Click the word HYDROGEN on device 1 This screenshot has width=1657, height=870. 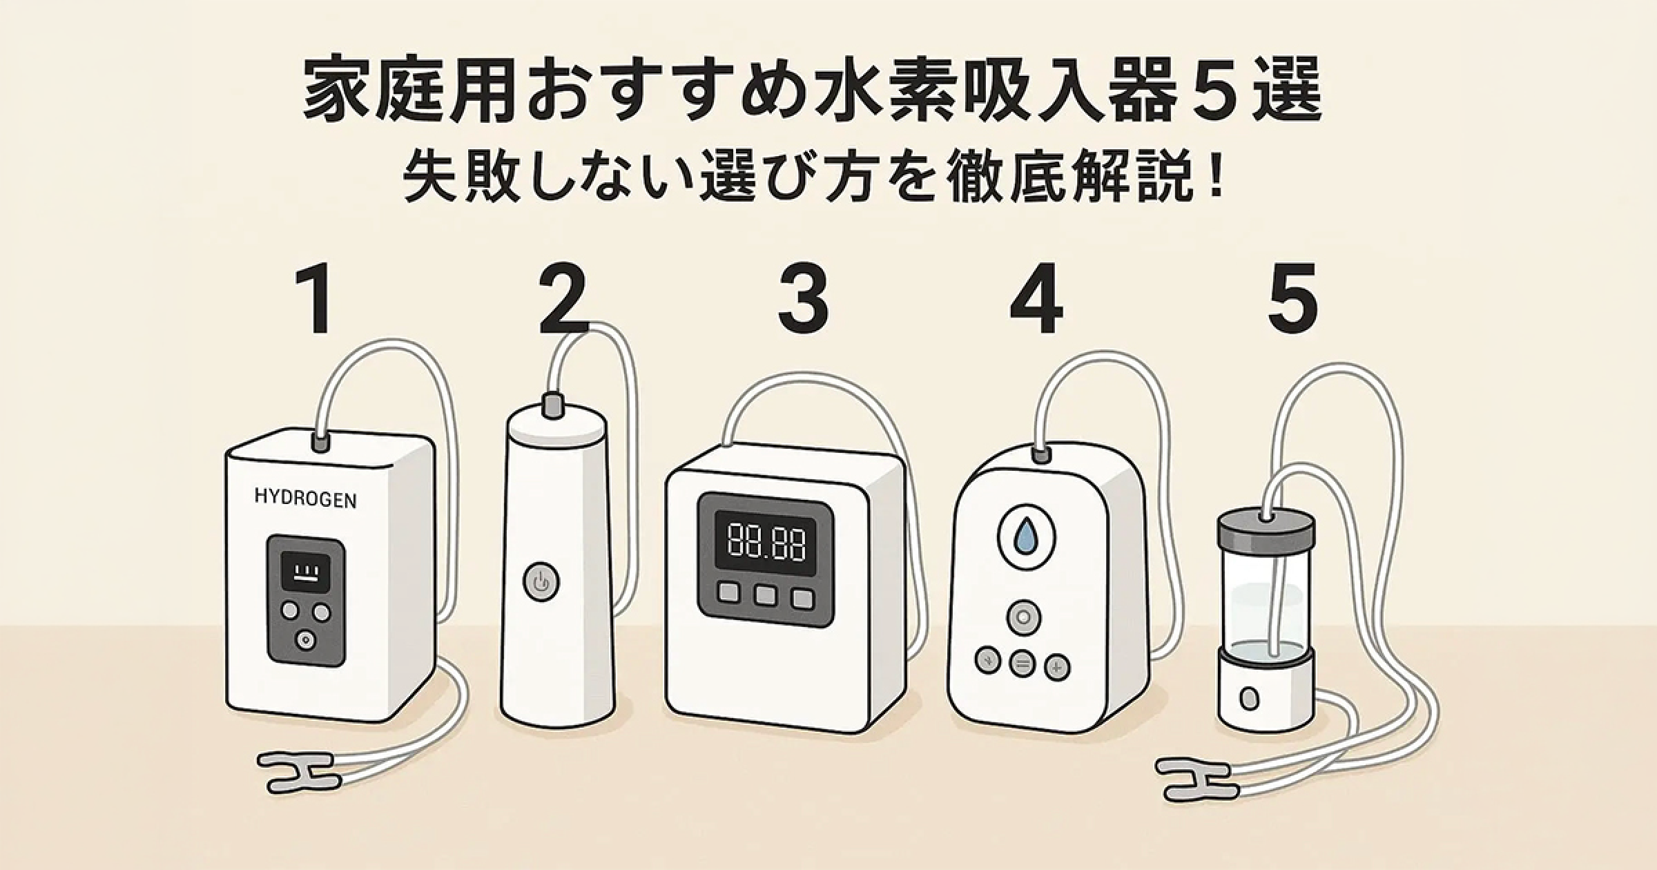click(x=305, y=498)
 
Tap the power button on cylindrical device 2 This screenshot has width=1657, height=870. click(x=541, y=582)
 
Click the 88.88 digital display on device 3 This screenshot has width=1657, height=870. click(x=766, y=541)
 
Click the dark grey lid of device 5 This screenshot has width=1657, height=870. click(x=1266, y=529)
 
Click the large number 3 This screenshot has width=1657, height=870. click(x=803, y=299)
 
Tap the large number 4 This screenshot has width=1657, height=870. click(x=1036, y=299)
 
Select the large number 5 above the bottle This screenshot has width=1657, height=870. click(x=1292, y=299)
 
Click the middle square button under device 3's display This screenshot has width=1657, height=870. click(x=765, y=595)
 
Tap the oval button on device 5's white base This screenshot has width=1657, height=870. click(x=1248, y=698)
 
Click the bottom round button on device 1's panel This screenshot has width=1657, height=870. click(x=305, y=640)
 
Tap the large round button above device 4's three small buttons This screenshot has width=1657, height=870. click(x=1023, y=617)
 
